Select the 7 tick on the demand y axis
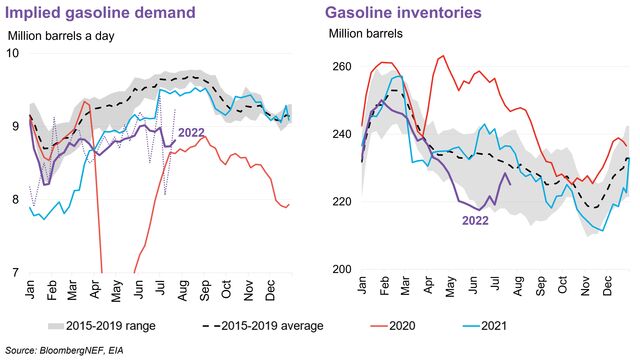click(x=16, y=272)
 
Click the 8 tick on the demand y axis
click(x=16, y=199)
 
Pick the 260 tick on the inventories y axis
click(x=341, y=66)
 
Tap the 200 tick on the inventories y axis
click(x=341, y=269)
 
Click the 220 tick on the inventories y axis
click(x=341, y=202)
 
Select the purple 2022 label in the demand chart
click(x=192, y=131)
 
